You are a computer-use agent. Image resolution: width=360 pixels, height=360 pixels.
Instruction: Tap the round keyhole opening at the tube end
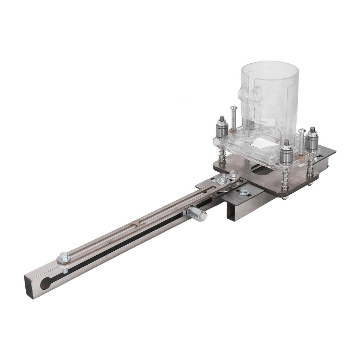(45, 283)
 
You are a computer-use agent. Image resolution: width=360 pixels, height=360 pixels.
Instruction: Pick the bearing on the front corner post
(286, 156)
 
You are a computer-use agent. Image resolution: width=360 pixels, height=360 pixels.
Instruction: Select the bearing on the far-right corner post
(311, 140)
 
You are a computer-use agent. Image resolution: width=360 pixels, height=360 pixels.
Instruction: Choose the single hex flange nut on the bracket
(244, 192)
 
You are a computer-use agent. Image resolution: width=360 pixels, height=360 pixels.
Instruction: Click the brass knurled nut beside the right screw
(300, 158)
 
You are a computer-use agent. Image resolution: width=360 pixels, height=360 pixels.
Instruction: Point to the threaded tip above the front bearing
(287, 143)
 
